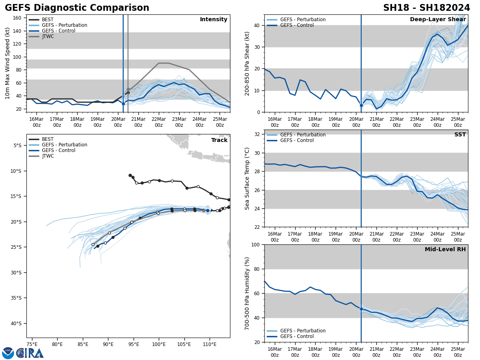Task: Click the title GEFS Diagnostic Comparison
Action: tap(77, 8)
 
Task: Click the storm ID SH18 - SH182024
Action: tap(426, 8)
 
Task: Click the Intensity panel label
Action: tap(214, 20)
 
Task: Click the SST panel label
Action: tap(460, 135)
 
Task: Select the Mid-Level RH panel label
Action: tap(445, 250)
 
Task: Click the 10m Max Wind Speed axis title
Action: tap(8, 63)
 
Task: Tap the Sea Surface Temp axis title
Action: tap(247, 178)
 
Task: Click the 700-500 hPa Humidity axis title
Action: tap(247, 293)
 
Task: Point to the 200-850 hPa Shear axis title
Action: tap(247, 63)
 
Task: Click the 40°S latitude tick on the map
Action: tap(16, 324)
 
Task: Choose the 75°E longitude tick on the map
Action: tap(32, 344)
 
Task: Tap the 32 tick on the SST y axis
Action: tap(258, 134)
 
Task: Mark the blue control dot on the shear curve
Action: tap(361, 106)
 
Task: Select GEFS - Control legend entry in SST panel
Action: tap(297, 140)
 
